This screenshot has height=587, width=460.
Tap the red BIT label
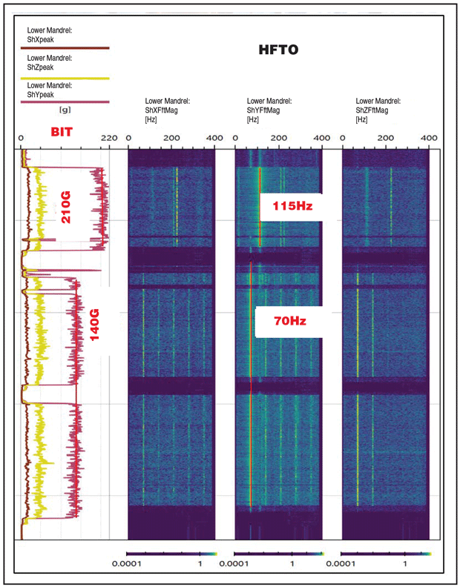[x=63, y=133]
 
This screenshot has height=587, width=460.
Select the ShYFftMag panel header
[x=269, y=109]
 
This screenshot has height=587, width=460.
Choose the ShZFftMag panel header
[x=378, y=109]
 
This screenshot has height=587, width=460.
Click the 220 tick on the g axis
[x=109, y=139]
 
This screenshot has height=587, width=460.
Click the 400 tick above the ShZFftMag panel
[x=429, y=139]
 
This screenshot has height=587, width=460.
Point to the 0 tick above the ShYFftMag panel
[x=236, y=139]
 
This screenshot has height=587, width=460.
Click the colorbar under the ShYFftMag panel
[x=278, y=554]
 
